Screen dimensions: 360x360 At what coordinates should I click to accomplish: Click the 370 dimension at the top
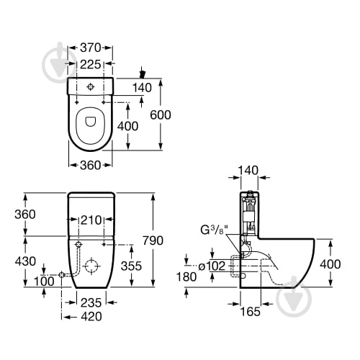[x=90, y=48]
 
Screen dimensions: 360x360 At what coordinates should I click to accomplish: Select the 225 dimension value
[x=90, y=64]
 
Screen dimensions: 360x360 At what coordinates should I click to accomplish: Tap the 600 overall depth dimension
[x=161, y=115]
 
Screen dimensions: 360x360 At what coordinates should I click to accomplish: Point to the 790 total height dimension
[x=153, y=240]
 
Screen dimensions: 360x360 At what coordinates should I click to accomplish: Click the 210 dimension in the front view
[x=91, y=220]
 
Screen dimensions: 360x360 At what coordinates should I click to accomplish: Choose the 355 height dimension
[x=131, y=266]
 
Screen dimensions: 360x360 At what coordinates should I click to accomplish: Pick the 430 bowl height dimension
[x=25, y=261]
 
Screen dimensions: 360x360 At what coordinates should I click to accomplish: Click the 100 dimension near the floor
[x=44, y=282]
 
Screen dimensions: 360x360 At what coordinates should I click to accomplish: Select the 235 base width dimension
[x=91, y=303]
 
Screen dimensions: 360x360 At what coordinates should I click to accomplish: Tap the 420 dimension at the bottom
[x=91, y=317]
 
